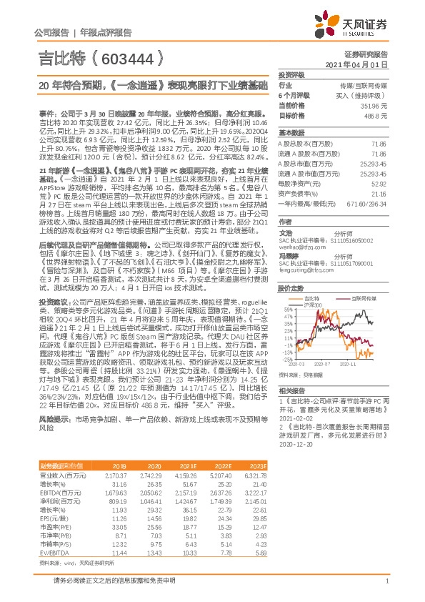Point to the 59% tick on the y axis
[288, 310]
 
